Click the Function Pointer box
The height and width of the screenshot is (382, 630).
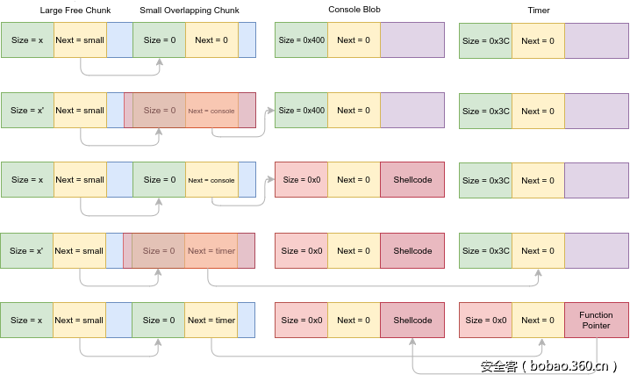click(x=597, y=321)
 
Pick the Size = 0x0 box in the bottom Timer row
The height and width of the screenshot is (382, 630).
click(x=485, y=321)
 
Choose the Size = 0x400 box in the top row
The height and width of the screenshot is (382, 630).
click(x=301, y=40)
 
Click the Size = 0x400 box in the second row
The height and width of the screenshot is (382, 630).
click(x=301, y=111)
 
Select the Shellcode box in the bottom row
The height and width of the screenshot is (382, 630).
click(x=412, y=321)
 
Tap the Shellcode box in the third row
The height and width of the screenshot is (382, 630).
click(x=412, y=180)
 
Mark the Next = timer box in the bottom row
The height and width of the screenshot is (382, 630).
click(x=211, y=321)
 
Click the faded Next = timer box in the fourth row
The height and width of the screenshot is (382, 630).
click(x=211, y=251)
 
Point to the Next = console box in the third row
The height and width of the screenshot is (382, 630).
click(x=211, y=180)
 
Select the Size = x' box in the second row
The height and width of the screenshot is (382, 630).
click(x=27, y=111)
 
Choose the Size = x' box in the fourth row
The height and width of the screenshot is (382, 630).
click(x=27, y=251)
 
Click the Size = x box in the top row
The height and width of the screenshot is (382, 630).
click(x=27, y=40)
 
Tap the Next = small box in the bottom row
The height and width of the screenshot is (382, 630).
click(x=80, y=321)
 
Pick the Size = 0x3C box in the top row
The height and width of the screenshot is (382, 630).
click(x=485, y=40)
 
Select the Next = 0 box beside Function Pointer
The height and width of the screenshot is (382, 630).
click(x=538, y=321)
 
